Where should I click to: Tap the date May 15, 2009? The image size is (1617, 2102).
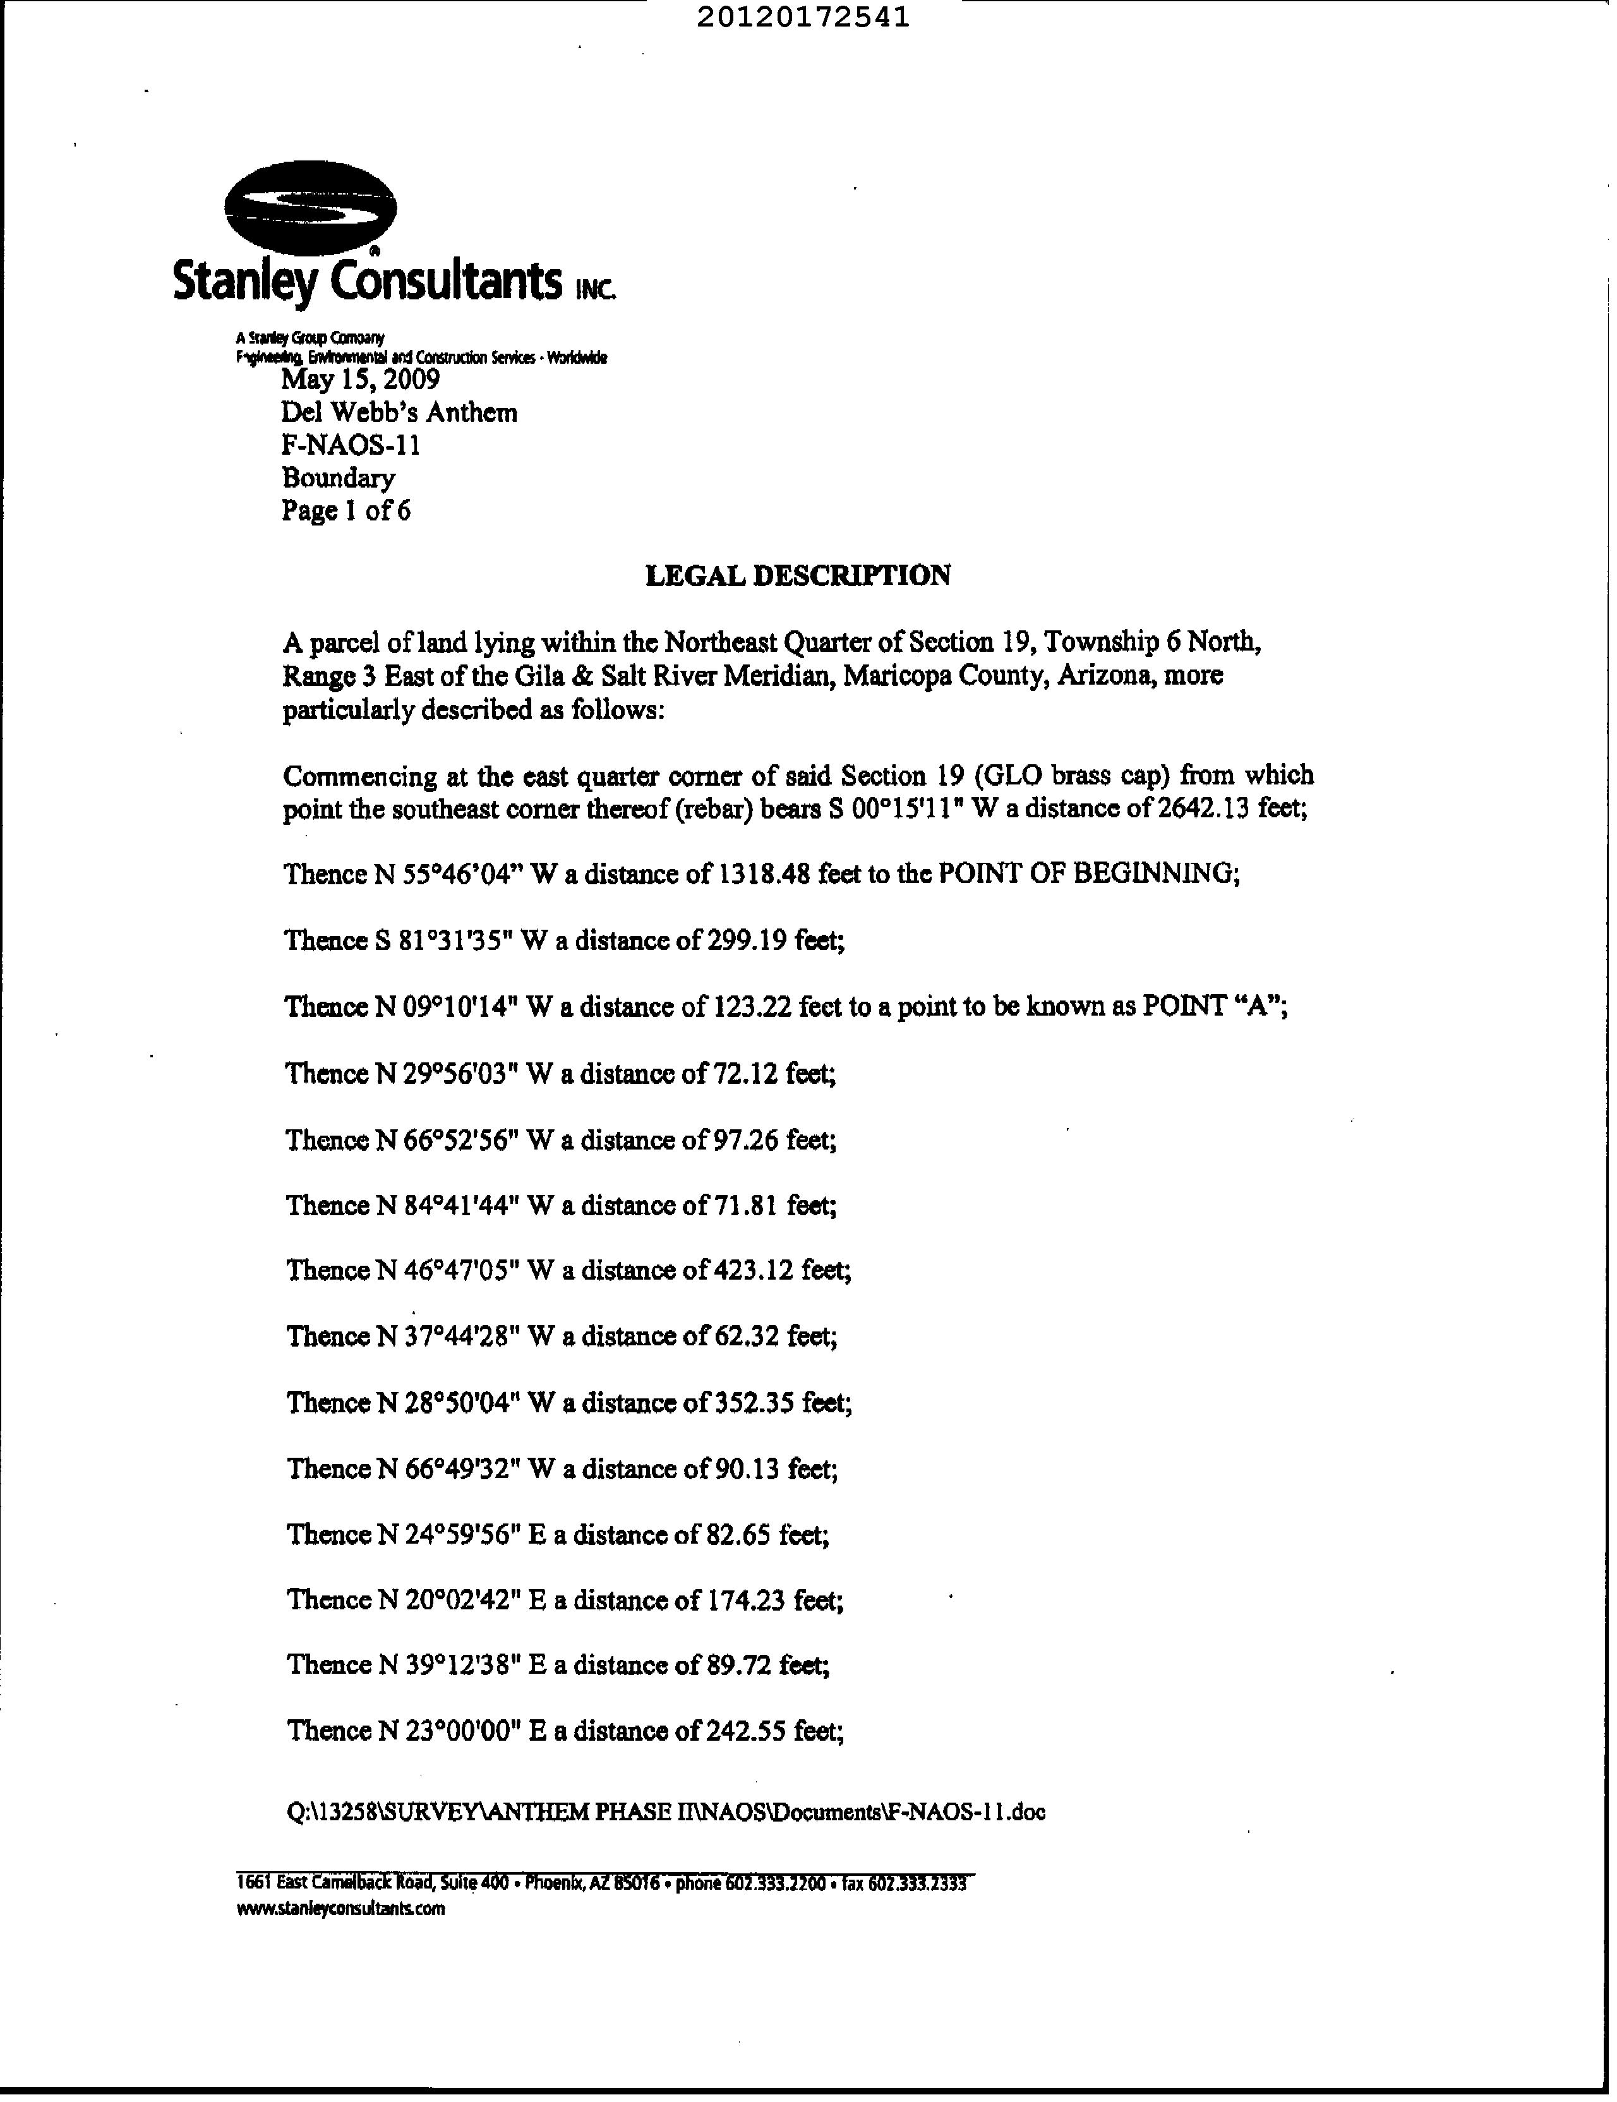361,378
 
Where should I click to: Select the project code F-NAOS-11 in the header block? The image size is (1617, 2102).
351,445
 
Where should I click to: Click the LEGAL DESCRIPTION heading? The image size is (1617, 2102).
798,575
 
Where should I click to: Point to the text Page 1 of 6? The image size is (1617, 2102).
346,510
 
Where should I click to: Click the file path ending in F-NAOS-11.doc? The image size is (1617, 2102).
666,1812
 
